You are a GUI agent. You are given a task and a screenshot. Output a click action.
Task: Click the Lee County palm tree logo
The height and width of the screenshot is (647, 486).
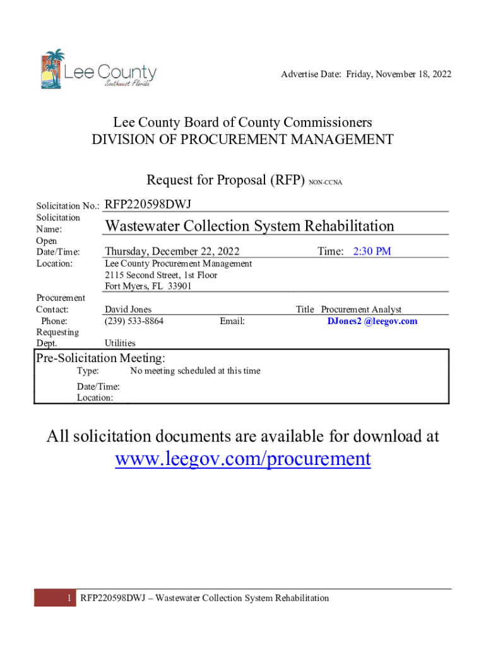coord(52,68)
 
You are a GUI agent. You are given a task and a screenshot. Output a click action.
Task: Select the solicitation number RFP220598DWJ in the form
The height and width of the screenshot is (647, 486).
coord(148,204)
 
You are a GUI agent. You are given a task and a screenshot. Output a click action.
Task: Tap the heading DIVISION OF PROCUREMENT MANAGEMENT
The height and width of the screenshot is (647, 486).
coord(243,140)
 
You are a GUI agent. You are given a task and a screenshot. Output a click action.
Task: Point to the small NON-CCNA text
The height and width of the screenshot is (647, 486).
coord(326,183)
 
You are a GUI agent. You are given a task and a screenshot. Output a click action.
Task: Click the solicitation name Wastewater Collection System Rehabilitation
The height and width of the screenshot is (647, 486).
coord(249,226)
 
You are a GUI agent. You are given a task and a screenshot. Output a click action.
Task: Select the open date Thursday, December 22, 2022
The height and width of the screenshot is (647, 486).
coord(172,251)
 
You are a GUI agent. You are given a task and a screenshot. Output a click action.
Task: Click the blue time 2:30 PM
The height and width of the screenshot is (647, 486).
coord(372,251)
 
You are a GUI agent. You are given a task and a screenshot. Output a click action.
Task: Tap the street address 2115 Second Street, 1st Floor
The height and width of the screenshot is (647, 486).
coord(161,275)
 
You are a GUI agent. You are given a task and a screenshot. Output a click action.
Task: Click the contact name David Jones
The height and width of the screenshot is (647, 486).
coord(128,310)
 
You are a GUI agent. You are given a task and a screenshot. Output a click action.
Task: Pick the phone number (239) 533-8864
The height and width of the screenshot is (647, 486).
coord(134,321)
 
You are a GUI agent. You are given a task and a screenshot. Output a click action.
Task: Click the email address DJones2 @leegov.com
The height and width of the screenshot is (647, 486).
coord(372,321)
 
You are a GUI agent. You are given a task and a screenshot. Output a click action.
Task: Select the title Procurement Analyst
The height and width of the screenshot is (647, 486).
coord(361,310)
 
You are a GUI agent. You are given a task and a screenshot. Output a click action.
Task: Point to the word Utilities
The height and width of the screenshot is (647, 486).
coord(120,343)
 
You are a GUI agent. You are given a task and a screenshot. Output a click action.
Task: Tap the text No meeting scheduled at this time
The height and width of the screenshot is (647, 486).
coord(195,371)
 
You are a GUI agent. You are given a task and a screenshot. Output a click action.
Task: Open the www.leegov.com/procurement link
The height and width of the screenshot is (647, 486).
coord(243,459)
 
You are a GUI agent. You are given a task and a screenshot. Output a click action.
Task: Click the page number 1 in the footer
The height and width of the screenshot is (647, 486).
coord(68,598)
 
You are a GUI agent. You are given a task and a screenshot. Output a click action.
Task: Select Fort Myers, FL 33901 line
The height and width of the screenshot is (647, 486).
coord(148,286)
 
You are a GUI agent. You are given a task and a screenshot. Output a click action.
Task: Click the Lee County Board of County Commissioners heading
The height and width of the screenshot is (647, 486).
coord(243,123)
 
